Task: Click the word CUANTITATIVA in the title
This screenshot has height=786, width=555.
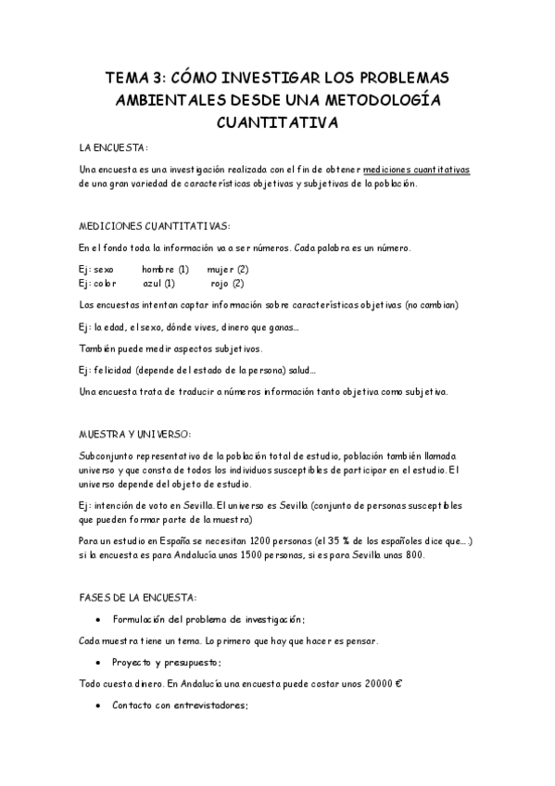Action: click(x=277, y=121)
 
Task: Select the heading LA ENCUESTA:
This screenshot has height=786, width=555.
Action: click(x=114, y=147)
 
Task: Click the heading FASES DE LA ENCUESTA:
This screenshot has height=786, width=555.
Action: click(x=137, y=597)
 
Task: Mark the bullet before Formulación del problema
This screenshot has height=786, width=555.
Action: click(x=98, y=618)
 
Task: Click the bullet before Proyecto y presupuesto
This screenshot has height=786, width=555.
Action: click(x=98, y=663)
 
